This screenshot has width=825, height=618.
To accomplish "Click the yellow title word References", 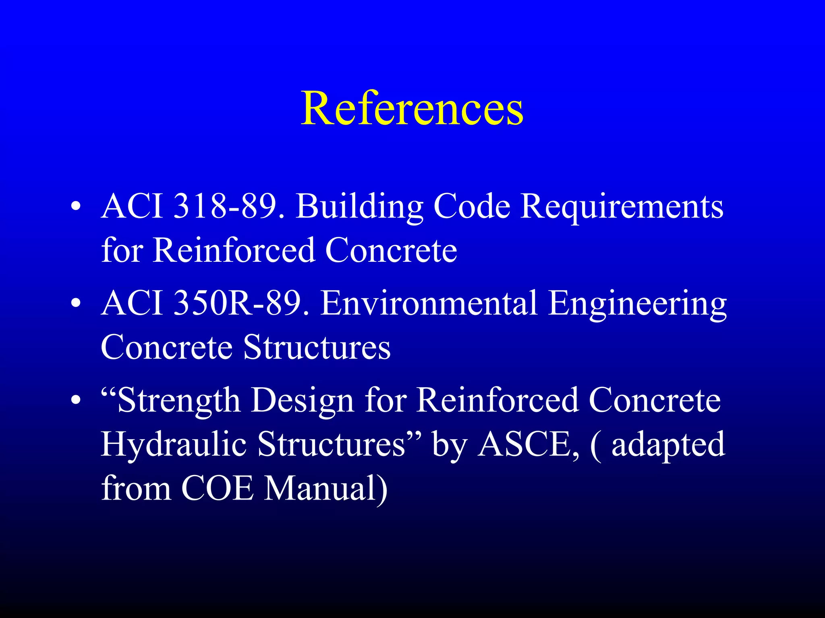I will coord(412,108).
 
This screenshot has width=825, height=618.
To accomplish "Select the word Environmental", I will coord(429,303).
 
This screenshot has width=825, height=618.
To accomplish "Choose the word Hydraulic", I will coord(174,445).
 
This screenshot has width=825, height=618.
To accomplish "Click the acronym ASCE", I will coord(528,445).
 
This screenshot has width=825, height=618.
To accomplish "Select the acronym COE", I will coord(218,488).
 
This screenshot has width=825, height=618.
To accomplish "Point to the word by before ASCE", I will coord(449,446).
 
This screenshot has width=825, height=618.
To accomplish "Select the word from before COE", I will coord(136,488).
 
